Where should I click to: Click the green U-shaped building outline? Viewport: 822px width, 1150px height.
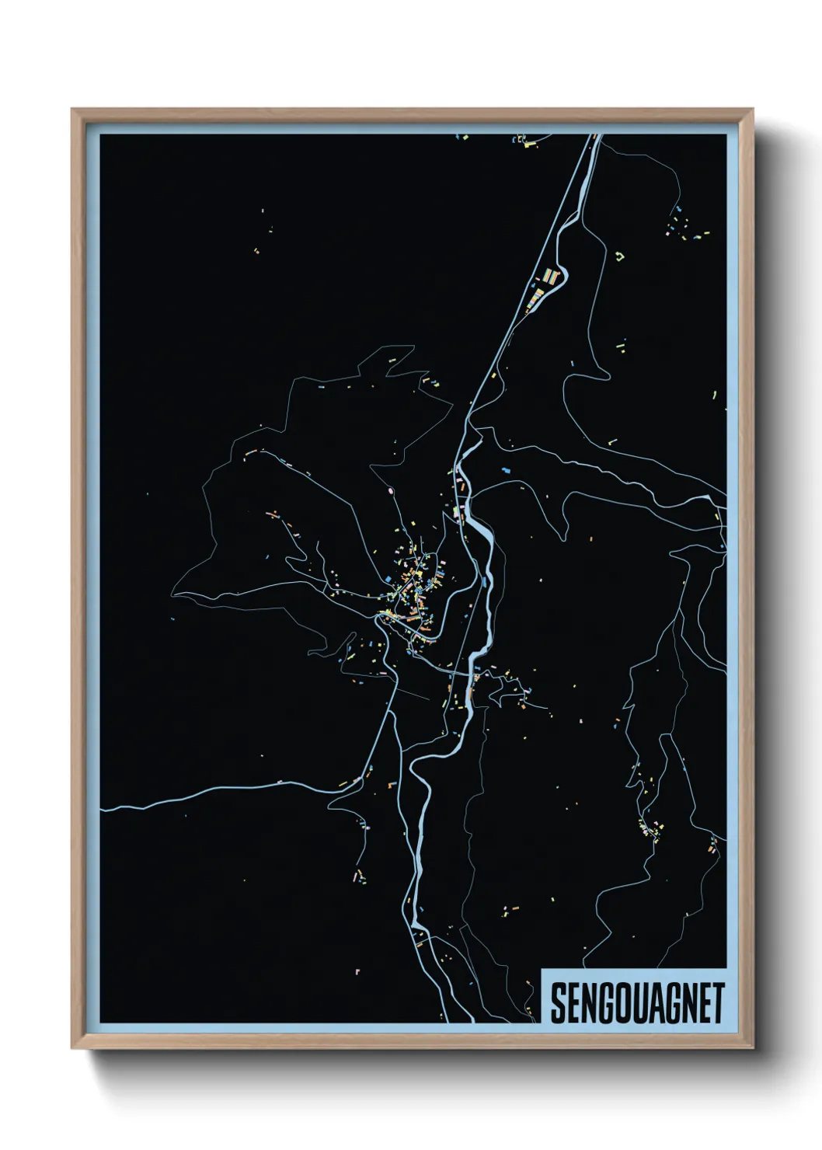point(619,255)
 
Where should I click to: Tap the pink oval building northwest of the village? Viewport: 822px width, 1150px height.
point(391,492)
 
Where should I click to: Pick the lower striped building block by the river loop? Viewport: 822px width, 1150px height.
point(535,299)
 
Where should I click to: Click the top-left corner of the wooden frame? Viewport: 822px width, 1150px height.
point(72,110)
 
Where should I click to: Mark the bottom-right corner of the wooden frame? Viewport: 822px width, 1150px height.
point(753,1048)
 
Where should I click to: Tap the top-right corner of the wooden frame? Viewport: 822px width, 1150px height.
point(753,110)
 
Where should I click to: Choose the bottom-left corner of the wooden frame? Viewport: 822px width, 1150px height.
point(72,1048)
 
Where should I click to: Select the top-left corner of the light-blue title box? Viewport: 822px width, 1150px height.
point(542,969)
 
